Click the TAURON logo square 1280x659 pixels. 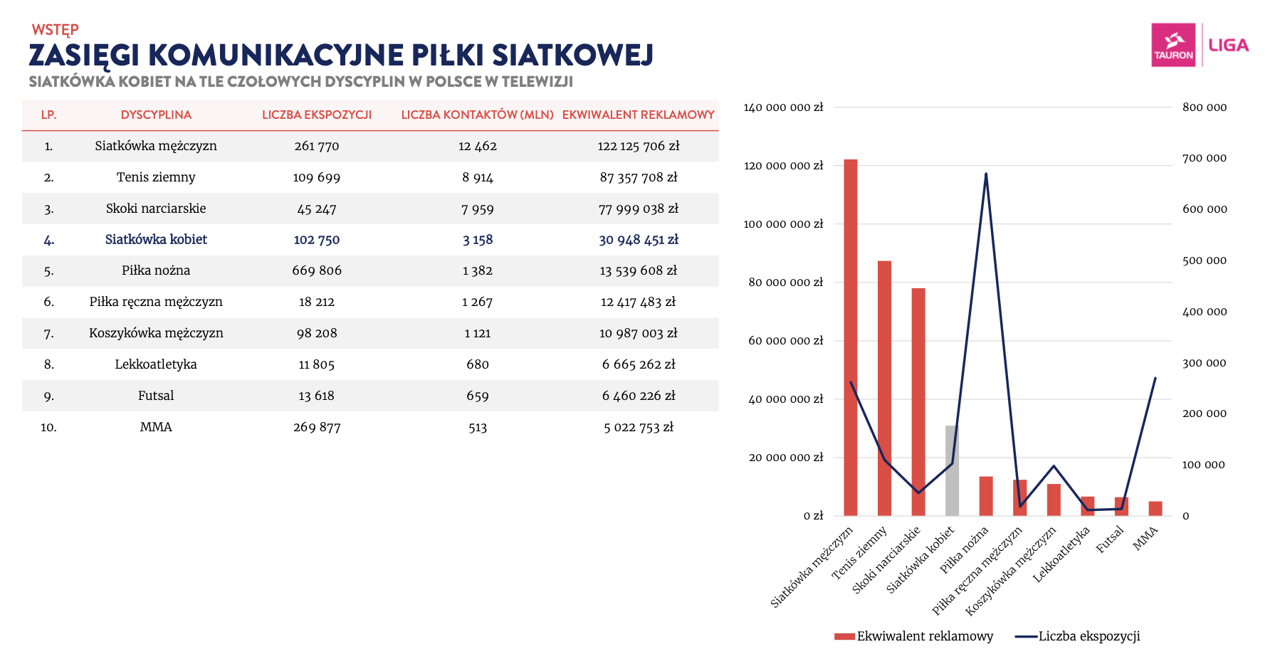1173,45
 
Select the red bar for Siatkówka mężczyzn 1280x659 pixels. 850,337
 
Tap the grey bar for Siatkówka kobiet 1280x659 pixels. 952,470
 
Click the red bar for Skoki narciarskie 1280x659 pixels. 918,401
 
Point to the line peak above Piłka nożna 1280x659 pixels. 986,174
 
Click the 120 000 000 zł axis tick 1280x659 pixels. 783,166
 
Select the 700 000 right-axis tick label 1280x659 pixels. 1205,158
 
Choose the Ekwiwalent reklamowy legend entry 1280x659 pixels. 914,636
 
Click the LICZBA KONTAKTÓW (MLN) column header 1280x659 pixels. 477,115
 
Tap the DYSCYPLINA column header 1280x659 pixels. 156,115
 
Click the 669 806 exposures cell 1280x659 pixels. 317,270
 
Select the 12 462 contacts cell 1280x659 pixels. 478,146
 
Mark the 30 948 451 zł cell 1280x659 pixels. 639,240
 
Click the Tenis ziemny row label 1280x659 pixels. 156,177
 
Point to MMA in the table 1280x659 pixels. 156,427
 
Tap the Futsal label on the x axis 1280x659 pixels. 1110,539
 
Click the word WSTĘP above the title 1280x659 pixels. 55,30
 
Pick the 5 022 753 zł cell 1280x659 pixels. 639,427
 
